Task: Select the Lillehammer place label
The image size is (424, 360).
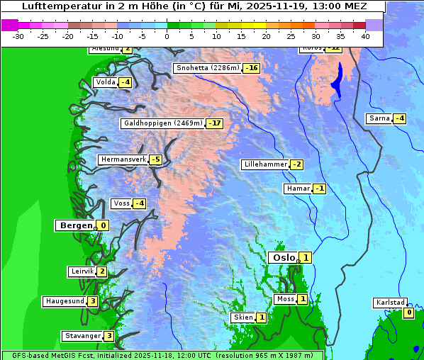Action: point(265,164)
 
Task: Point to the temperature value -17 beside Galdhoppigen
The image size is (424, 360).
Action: point(214,123)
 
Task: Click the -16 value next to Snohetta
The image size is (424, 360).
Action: point(251,69)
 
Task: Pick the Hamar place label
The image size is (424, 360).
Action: point(297,189)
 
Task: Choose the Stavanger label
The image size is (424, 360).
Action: point(82,336)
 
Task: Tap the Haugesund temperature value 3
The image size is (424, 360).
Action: point(92,301)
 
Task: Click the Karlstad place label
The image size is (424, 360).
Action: point(391,303)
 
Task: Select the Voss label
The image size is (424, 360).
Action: point(121,203)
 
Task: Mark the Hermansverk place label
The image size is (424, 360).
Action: point(123,159)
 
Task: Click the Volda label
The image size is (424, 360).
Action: point(105,82)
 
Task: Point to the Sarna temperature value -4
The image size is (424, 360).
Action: point(399,118)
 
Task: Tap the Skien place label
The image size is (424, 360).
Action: point(243,317)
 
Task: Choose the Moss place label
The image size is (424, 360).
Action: point(285,299)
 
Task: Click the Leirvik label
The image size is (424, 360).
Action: point(82,271)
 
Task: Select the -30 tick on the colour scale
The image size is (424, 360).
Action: point(18,35)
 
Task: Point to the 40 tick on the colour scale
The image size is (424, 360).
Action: point(365,35)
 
